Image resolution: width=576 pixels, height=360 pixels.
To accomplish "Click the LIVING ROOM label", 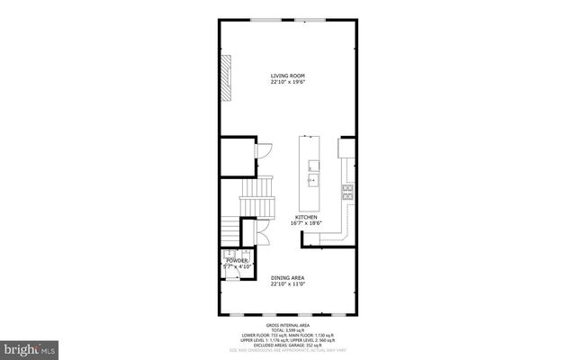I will (287, 75).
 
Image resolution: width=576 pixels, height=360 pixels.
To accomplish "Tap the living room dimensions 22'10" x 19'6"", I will (287, 82).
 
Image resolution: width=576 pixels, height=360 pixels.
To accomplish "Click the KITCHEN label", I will (306, 217).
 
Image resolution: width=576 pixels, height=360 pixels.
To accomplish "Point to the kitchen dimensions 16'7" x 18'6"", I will (306, 223).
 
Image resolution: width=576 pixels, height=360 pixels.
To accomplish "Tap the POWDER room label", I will (236, 261).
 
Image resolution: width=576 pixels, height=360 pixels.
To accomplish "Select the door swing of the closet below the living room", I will (265, 150).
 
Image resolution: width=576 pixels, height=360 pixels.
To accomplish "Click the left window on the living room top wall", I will (263, 20).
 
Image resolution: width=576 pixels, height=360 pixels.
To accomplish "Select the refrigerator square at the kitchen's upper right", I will (346, 147).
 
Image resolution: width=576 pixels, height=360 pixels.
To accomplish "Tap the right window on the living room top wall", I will (312, 20).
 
